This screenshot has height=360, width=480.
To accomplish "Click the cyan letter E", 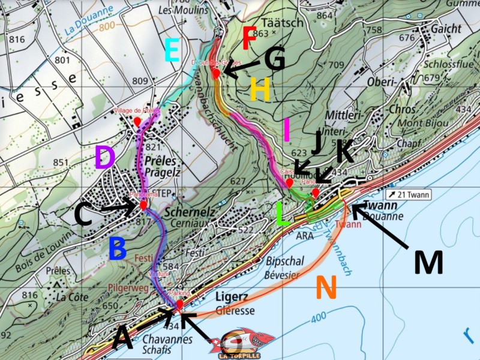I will click(x=172, y=50).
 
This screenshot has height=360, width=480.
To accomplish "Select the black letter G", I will click(x=275, y=59).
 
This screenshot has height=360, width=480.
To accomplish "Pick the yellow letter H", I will click(x=260, y=90).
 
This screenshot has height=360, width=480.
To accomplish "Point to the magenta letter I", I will click(x=286, y=130).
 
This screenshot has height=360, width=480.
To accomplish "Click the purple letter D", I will click(x=104, y=157).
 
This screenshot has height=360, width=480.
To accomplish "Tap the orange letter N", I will click(x=326, y=287).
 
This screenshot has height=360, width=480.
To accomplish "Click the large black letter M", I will click(x=428, y=262).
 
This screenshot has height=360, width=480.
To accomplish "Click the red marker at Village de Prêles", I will click(x=137, y=122).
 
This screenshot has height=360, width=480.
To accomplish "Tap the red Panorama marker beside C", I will click(x=144, y=205).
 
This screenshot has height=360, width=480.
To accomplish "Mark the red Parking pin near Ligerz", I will click(x=179, y=304).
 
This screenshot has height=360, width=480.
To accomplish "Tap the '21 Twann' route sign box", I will click(x=409, y=194).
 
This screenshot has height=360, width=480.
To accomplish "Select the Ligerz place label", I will click(x=232, y=298).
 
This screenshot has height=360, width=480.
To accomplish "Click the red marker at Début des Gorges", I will click(x=217, y=73).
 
